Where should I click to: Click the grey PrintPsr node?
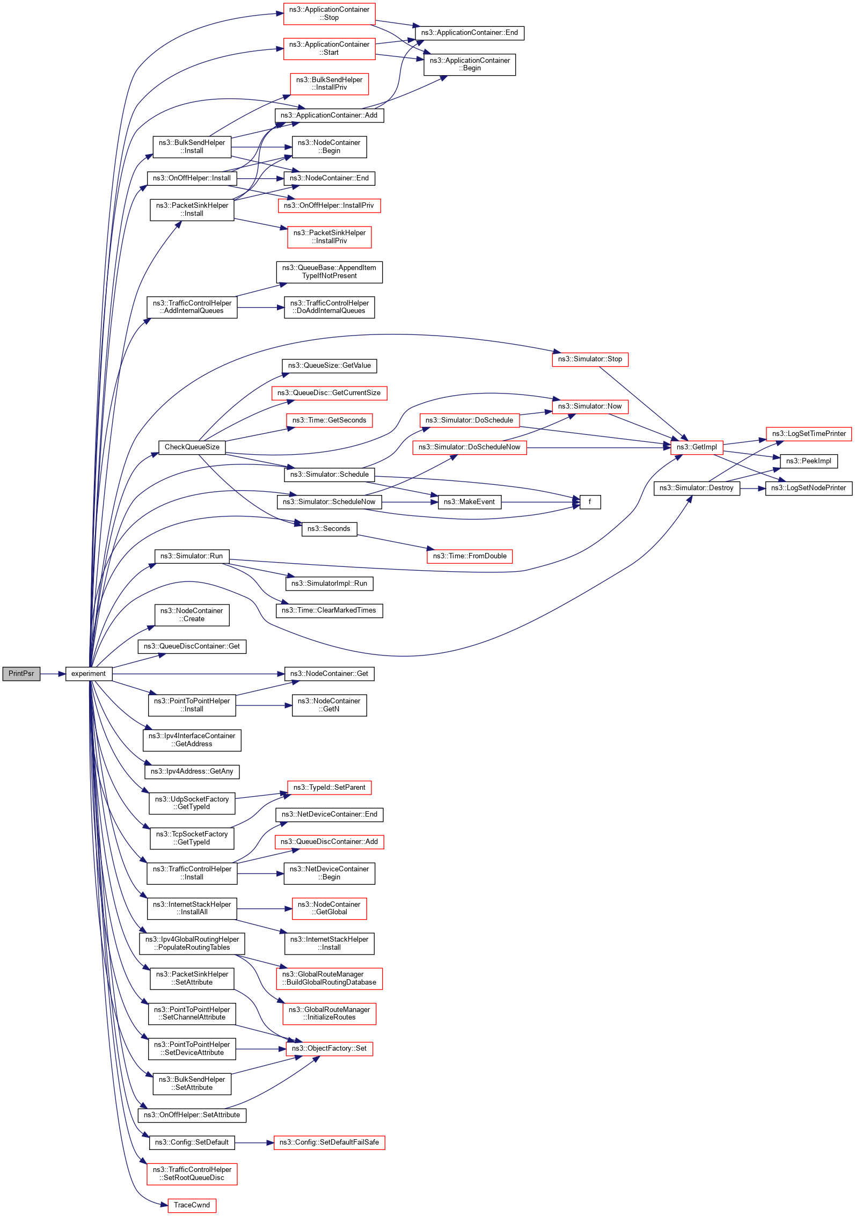[x=21, y=674]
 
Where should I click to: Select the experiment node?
[x=89, y=674]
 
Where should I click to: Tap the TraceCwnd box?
[x=192, y=1205]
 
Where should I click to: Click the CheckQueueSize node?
[x=192, y=447]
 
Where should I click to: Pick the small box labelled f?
[x=590, y=502]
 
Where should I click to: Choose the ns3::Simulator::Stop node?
[x=590, y=359]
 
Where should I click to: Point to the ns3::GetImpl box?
[x=697, y=447]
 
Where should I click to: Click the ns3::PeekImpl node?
[x=808, y=461]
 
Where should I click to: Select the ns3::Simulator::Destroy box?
[x=696, y=488]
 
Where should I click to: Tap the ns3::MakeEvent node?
[x=469, y=502]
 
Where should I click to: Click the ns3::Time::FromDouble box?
[x=470, y=556]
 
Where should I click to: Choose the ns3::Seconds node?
[x=328, y=529]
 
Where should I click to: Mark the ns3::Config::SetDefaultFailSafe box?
[x=329, y=1142]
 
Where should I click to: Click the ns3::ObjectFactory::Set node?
[x=329, y=1048]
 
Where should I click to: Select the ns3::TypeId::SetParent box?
[x=329, y=788]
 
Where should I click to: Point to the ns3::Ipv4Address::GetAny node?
[x=192, y=771]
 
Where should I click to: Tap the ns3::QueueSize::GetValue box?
[x=329, y=366]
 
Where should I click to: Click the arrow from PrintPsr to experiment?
[x=53, y=674]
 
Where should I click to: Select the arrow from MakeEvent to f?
[x=540, y=502]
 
